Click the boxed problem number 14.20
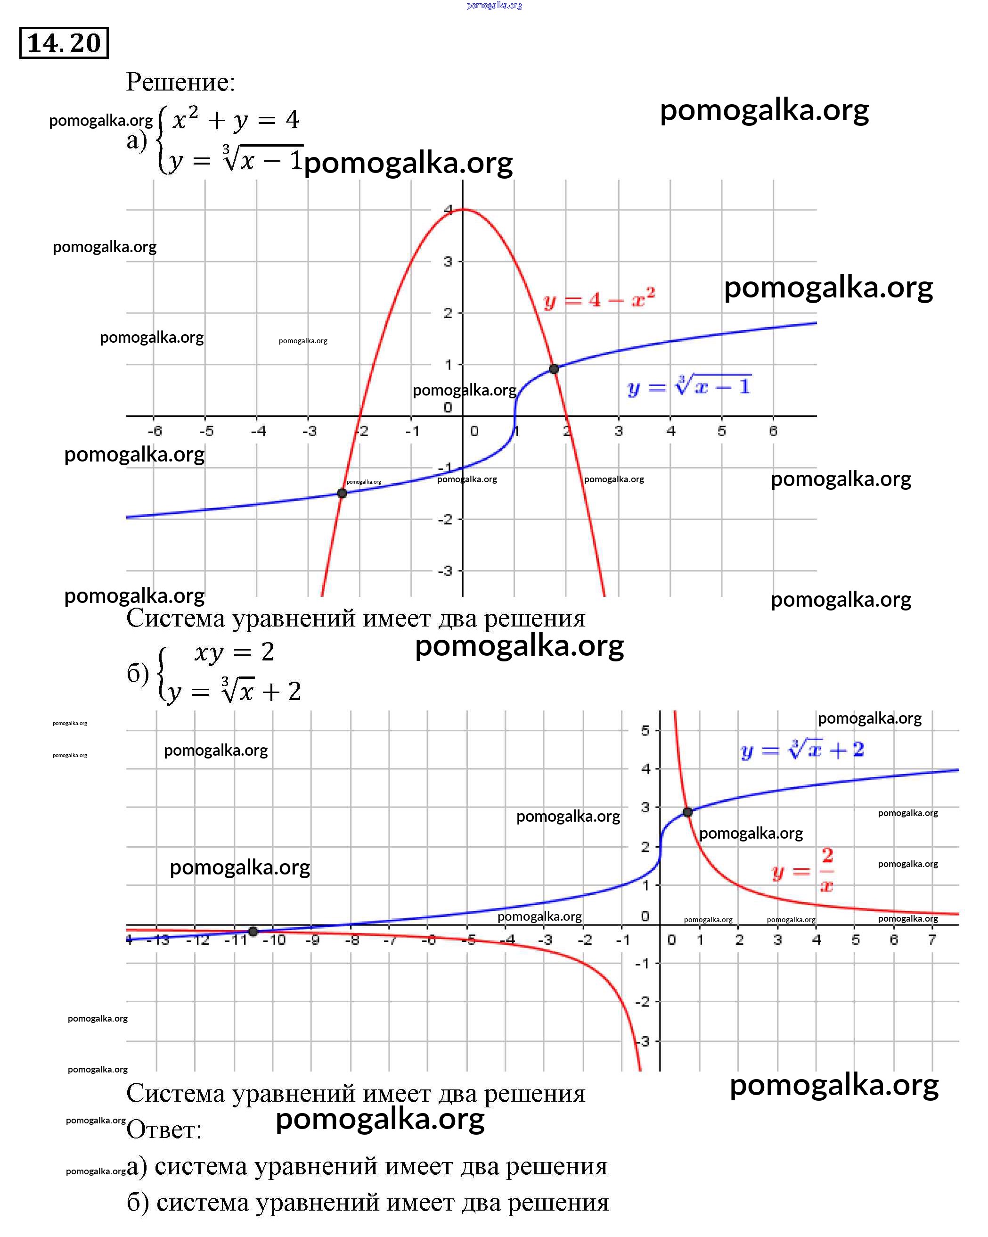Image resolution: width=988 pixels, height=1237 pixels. [x=64, y=43]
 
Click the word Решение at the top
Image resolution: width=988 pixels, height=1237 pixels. [x=180, y=82]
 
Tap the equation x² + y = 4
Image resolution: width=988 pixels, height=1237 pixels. [x=236, y=120]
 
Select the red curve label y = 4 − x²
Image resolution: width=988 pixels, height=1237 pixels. [x=599, y=299]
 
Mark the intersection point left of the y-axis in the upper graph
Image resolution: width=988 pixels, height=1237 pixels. [x=342, y=493]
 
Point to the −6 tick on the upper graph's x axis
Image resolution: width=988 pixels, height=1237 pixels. [x=155, y=431]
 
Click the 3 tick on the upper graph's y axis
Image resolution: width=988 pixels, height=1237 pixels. [x=448, y=262]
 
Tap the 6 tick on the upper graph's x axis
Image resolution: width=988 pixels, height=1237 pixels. [x=773, y=430]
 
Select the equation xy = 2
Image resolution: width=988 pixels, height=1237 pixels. [x=235, y=652]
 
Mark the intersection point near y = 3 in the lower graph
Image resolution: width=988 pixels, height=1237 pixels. [x=687, y=812]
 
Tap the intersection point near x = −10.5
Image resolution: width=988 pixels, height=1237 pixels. [x=253, y=931]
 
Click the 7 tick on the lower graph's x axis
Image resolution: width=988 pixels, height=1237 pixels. [x=932, y=939]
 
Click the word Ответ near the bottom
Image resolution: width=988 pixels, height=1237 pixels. [x=163, y=1130]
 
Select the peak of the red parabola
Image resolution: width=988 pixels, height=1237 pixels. [x=463, y=209]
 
